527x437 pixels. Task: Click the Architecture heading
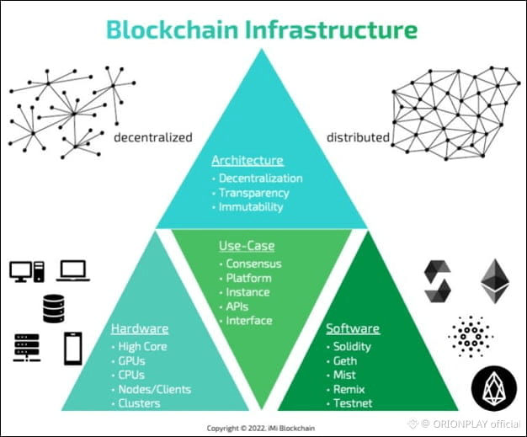[247, 160]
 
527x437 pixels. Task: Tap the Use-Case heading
[246, 246]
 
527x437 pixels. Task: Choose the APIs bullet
[237, 306]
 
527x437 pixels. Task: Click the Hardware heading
[139, 328]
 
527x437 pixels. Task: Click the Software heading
[352, 328]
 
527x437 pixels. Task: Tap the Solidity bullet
[352, 346]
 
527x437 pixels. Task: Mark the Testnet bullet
[351, 403]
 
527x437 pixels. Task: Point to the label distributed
[358, 137]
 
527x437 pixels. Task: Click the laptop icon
[73, 270]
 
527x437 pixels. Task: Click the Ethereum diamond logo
[495, 281]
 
